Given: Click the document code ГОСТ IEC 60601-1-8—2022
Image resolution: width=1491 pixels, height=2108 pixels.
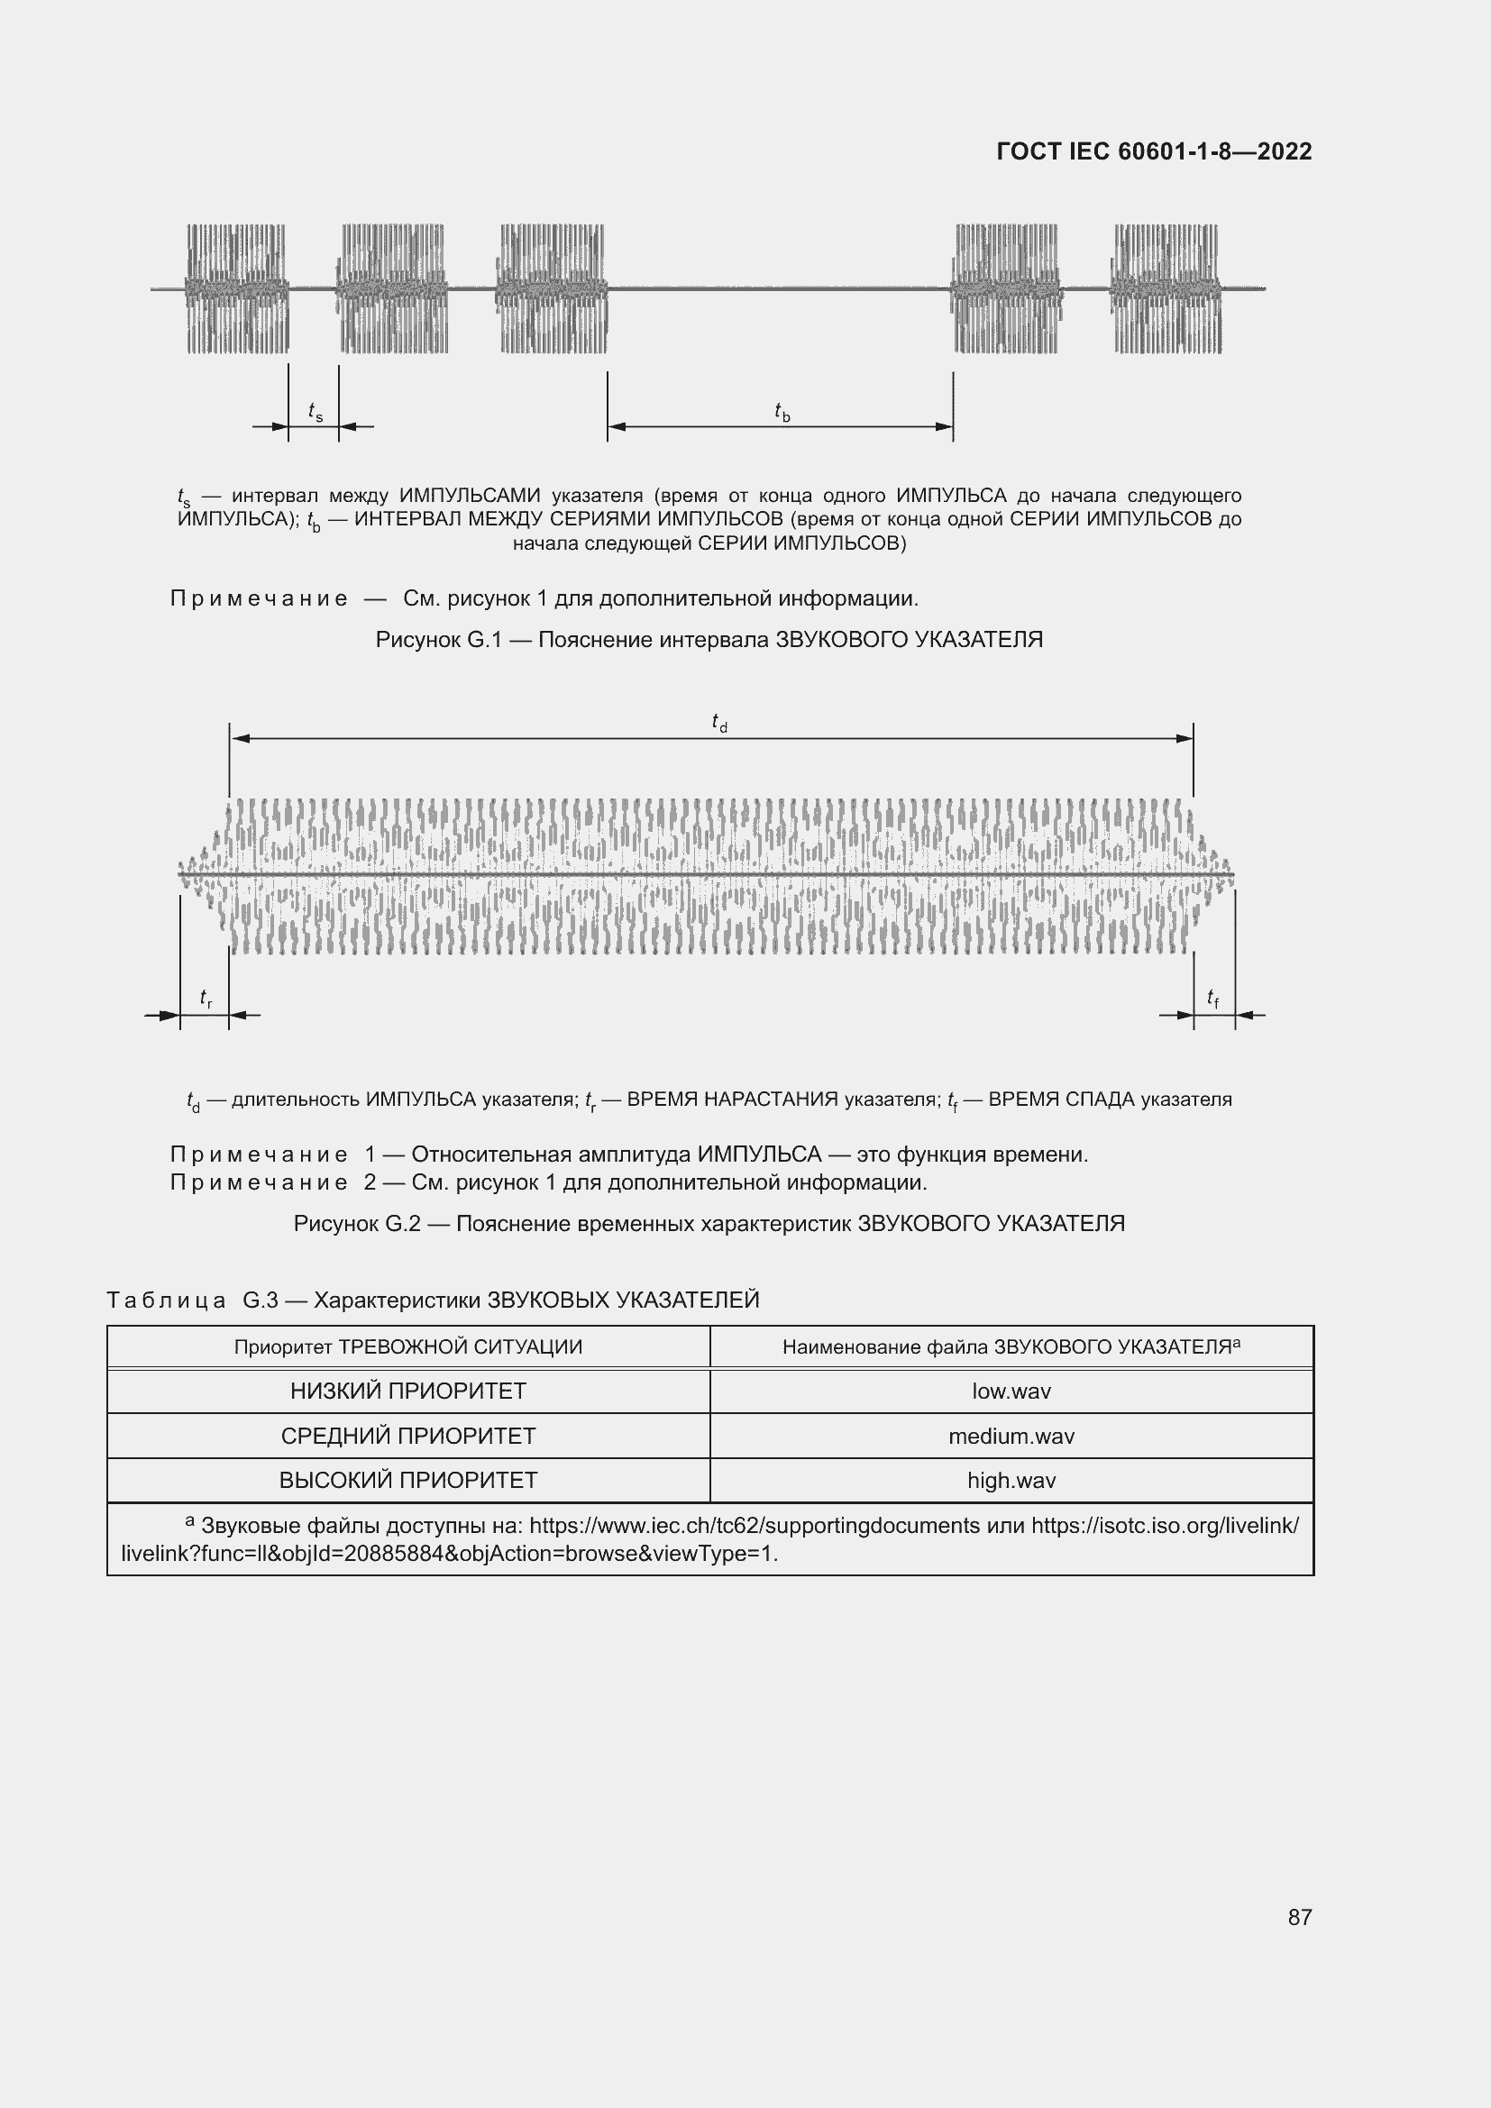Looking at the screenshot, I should (1153, 151).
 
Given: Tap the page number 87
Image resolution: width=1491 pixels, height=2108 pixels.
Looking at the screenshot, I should (1299, 1916).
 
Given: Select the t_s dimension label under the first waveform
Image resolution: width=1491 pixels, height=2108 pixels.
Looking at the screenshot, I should (315, 412).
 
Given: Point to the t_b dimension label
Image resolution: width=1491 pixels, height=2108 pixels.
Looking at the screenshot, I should (782, 412).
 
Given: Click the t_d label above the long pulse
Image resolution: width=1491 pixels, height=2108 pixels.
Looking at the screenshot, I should (718, 724).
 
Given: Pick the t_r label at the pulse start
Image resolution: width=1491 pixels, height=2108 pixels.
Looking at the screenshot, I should (206, 998).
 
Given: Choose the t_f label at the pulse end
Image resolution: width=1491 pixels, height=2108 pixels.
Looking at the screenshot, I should (1212, 998).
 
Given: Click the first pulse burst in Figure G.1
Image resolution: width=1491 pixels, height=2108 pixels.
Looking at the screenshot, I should (237, 288).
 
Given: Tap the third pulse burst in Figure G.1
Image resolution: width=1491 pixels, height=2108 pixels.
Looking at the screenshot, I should (552, 288).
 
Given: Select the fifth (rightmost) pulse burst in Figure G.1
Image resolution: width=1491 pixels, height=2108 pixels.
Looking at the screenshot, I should (1166, 288).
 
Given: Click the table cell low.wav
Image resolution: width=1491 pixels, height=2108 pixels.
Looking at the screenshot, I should (1011, 1391).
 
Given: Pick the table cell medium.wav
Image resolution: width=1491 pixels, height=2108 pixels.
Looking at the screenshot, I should (1011, 1436).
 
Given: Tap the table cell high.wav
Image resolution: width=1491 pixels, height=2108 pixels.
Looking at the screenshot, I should (1011, 1480).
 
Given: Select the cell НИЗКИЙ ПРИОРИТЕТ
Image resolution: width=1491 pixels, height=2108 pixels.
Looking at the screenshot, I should (407, 1391).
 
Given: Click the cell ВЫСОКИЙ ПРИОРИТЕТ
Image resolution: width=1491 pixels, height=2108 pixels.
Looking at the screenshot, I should (407, 1480).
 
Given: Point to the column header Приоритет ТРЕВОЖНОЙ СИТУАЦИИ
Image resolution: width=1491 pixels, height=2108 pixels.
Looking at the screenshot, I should (407, 1346).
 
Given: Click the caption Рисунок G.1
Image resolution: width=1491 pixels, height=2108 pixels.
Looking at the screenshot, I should (708, 640).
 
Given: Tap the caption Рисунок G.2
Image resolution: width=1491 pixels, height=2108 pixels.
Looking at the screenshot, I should (708, 1224).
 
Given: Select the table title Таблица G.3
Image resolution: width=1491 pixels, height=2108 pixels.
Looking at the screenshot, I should (433, 1300).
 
